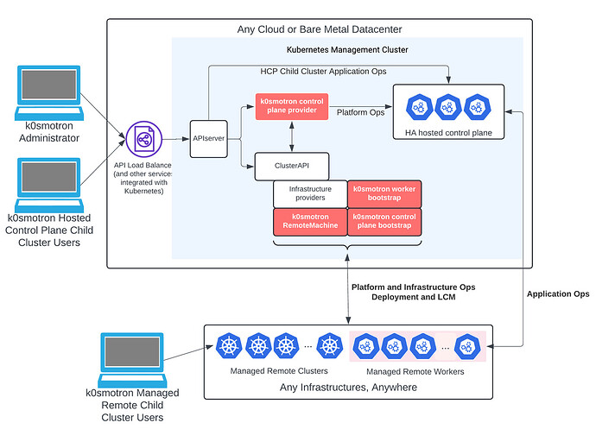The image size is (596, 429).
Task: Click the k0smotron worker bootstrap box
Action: [x=384, y=194]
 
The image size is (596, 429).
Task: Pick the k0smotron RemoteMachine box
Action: [x=308, y=222]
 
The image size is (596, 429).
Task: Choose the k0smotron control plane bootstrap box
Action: [x=384, y=222]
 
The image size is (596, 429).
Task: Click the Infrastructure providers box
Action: [x=308, y=194]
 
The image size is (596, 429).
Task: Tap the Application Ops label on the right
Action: [x=558, y=293]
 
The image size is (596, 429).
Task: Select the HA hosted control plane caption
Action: [x=447, y=131]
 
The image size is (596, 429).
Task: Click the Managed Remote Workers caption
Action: [x=417, y=371]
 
